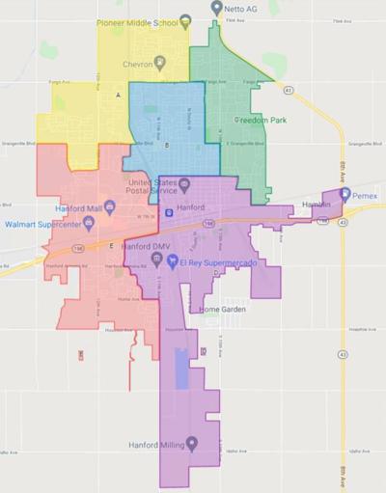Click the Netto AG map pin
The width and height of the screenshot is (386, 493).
pyautogui.click(x=217, y=7)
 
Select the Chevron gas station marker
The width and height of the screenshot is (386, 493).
pyautogui.click(x=161, y=63)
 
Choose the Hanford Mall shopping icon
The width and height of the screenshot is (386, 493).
pyautogui.click(x=110, y=205)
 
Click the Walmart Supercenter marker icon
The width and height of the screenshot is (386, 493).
pyautogui.click(x=89, y=223)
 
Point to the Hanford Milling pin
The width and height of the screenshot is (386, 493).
pyautogui.click(x=191, y=444)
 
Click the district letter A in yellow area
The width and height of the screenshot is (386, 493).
pyautogui.click(x=118, y=96)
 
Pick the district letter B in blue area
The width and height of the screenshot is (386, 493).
pyautogui.click(x=167, y=146)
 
